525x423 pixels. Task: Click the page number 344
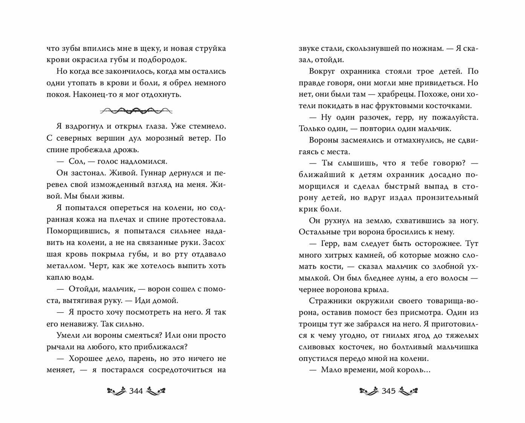pos(136,391)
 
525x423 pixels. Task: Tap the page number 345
pos(389,391)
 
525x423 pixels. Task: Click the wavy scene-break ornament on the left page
pos(136,111)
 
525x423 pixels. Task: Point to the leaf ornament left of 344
pos(116,391)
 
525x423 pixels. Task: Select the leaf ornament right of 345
pos(408,391)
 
